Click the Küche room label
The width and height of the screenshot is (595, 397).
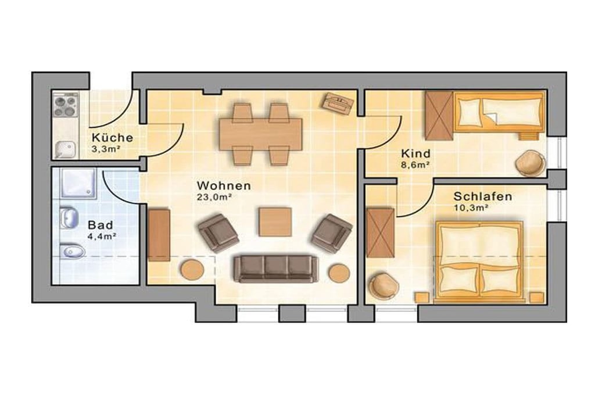112,137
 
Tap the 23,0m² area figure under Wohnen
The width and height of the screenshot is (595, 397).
214,197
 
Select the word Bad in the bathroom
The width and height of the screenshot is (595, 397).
100,225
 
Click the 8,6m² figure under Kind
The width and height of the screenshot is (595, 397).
415,164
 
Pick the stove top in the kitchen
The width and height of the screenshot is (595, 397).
65,105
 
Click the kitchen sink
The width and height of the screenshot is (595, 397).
65,149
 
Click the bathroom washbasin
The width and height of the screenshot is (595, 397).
69,218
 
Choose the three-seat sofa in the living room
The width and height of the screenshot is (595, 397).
275,269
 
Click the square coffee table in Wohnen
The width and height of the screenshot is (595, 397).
275,221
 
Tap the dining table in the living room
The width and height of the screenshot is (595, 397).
260,134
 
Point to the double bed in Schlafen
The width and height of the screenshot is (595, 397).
479,262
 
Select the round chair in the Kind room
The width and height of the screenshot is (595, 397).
530,163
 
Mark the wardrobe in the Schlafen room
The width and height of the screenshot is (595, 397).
380,233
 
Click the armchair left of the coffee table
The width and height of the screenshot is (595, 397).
218,233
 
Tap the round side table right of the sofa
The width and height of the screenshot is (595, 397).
339,273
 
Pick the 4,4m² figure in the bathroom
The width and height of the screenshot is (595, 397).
102,236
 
